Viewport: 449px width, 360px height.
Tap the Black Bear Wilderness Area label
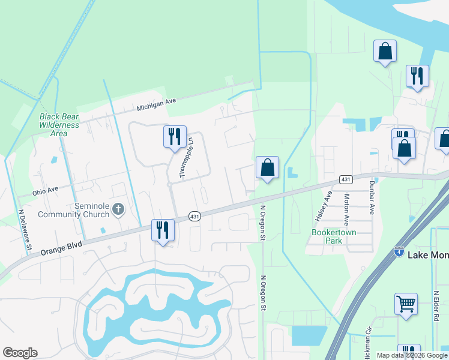59,125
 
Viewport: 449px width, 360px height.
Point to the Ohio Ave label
46,190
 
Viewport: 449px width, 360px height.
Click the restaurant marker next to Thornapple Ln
175,137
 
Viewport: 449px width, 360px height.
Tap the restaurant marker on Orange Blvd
163,230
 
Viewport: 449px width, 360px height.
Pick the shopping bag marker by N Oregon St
268,167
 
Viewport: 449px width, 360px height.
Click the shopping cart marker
406,304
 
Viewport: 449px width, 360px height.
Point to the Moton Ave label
347,205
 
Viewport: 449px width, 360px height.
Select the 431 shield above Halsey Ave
345,179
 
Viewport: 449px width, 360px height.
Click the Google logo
20,353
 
